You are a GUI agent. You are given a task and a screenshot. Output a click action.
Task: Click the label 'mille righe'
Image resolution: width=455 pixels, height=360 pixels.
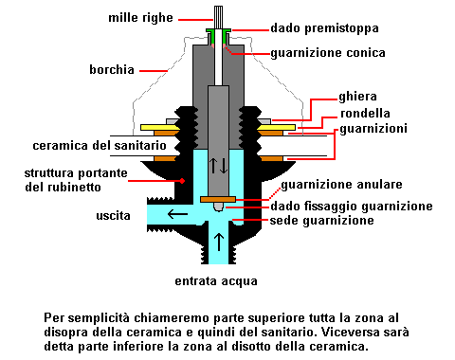click(164, 17)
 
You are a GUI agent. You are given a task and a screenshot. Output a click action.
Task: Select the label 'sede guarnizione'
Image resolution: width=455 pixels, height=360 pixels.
click(333, 221)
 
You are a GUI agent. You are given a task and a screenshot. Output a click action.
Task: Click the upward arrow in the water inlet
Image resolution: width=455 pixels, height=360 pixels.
click(218, 238)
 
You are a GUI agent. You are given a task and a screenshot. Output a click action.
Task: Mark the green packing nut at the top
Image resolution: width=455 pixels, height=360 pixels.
click(219, 31)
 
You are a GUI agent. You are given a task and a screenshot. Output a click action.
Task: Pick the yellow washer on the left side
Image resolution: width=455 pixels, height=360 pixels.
click(163, 126)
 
